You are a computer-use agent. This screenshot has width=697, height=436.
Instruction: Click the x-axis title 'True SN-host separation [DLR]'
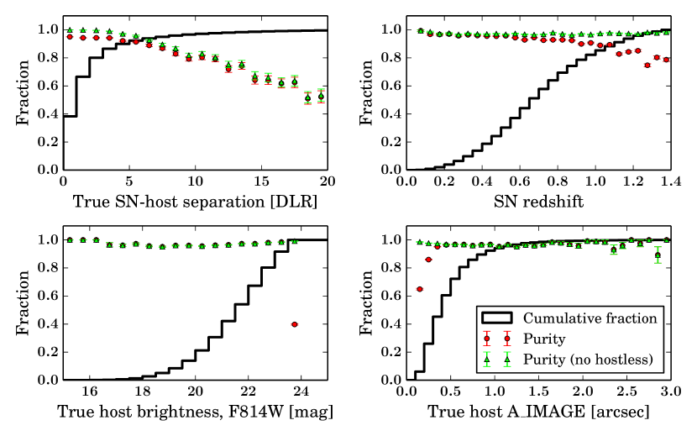pyautogui.click(x=196, y=202)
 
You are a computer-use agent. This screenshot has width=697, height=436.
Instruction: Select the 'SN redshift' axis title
pyautogui.click(x=538, y=202)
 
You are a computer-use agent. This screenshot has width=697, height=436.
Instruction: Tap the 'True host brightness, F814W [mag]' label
pyautogui.click(x=196, y=412)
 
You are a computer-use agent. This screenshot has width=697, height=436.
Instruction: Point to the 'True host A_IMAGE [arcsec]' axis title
pyautogui.click(x=538, y=412)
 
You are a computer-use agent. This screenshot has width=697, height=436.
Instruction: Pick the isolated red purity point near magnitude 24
pyautogui.click(x=294, y=324)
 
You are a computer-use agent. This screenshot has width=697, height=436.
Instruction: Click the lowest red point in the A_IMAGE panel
pyautogui.click(x=419, y=289)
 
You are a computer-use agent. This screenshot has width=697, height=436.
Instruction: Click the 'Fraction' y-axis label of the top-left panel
pyautogui.click(x=22, y=99)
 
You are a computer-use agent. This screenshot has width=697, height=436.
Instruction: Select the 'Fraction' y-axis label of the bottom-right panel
pyautogui.click(x=366, y=310)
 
